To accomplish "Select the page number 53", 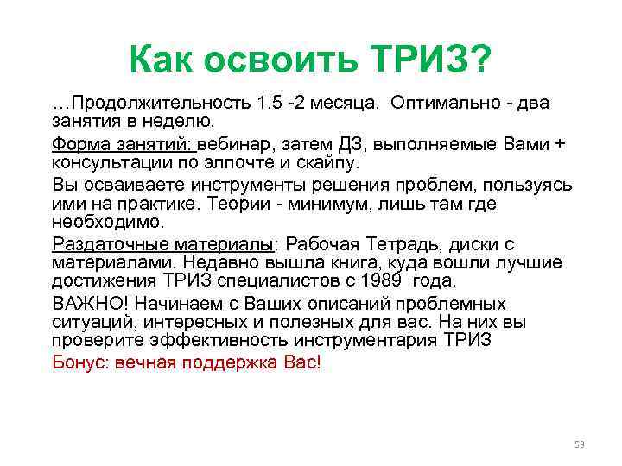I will (579, 444).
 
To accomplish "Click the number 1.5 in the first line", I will (270, 104).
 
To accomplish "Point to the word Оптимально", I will (445, 104).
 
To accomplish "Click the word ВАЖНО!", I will (90, 304).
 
